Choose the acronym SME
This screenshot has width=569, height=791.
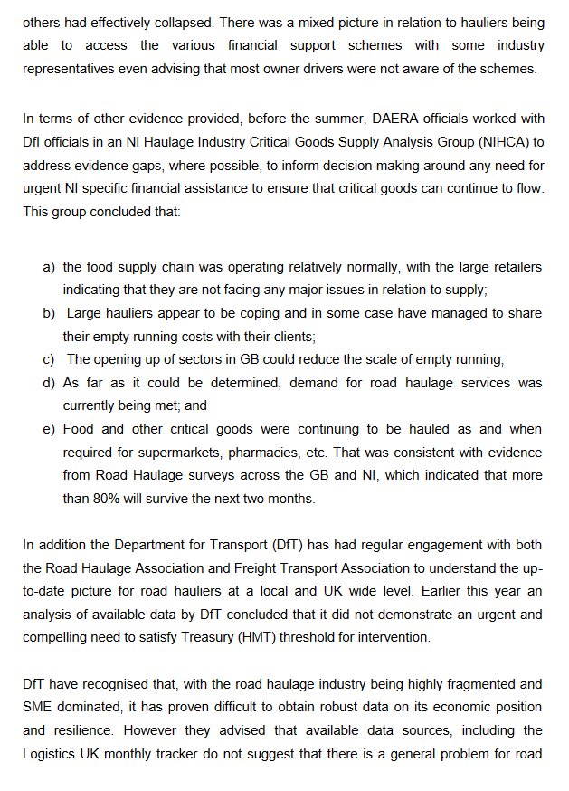pos(42,707)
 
